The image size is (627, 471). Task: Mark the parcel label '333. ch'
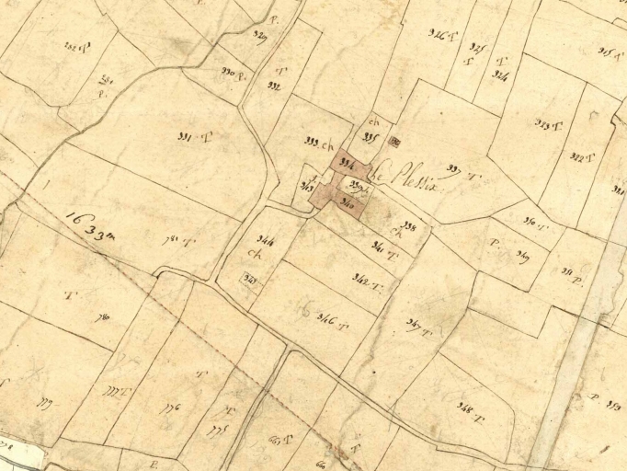(316, 143)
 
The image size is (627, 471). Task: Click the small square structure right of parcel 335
(396, 142)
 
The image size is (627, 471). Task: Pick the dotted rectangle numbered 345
(248, 277)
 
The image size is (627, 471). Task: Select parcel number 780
(171, 242)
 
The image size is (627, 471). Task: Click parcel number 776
(170, 408)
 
